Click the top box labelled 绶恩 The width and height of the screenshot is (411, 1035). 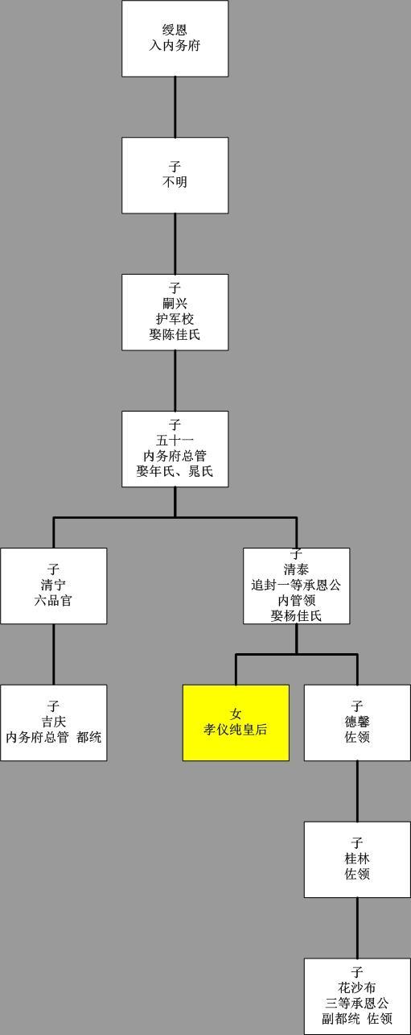pyautogui.click(x=175, y=39)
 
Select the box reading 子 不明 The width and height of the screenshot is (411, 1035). pyautogui.click(x=175, y=175)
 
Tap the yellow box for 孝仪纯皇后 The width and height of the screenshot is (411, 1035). pyautogui.click(x=236, y=722)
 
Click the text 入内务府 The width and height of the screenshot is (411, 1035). pyautogui.click(x=175, y=46)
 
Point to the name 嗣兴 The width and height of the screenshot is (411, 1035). pyautogui.click(x=175, y=304)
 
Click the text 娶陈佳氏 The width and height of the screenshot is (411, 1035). pyautogui.click(x=175, y=334)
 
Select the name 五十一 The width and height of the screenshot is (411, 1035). pyautogui.click(x=175, y=441)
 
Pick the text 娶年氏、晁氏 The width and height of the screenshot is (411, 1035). pyautogui.click(x=175, y=471)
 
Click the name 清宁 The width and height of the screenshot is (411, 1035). pyautogui.click(x=54, y=585)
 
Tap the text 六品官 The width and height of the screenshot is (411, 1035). pyautogui.click(x=54, y=600)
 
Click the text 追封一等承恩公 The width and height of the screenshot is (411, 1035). pyautogui.click(x=296, y=585)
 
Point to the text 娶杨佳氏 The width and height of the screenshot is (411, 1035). pyautogui.click(x=296, y=615)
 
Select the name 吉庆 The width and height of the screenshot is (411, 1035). pyautogui.click(x=54, y=722)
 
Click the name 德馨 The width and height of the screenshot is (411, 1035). pyautogui.click(x=357, y=722)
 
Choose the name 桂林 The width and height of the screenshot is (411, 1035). pyautogui.click(x=357, y=859)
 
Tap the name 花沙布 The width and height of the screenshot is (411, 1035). pyautogui.click(x=357, y=987)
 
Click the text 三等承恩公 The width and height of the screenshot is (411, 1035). pyautogui.click(x=357, y=1003)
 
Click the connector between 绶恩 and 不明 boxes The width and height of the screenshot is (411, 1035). pyautogui.click(x=175, y=107)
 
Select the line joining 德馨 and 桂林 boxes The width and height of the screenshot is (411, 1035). pyautogui.click(x=357, y=791)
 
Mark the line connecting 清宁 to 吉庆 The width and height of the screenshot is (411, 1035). pyautogui.click(x=54, y=654)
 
